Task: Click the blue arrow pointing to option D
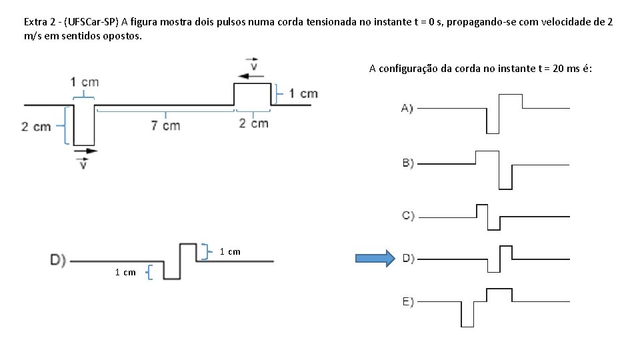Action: [x=375, y=259]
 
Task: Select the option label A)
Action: [x=407, y=108]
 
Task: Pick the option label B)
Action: [x=407, y=163]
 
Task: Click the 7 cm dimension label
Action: [x=165, y=125]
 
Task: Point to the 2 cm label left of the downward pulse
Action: [x=36, y=126]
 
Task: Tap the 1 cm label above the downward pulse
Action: [x=85, y=82]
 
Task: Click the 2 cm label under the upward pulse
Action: [x=253, y=123]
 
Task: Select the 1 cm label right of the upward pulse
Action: [x=303, y=93]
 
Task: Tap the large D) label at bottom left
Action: [x=58, y=260]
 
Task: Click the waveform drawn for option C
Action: [x=494, y=216]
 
